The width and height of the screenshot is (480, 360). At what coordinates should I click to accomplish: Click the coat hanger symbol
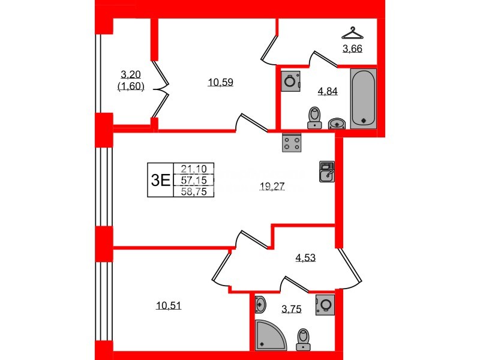(353, 32)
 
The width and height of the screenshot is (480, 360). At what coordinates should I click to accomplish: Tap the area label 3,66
(353, 49)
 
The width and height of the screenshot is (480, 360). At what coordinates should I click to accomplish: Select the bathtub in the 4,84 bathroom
(363, 98)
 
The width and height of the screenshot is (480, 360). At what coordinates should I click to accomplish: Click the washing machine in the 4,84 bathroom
(290, 80)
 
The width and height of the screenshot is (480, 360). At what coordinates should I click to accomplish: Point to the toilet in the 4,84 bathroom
(314, 118)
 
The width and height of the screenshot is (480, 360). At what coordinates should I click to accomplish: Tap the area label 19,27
(271, 187)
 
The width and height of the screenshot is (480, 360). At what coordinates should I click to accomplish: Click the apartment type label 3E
(160, 180)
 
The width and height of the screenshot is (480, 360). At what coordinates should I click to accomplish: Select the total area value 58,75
(193, 191)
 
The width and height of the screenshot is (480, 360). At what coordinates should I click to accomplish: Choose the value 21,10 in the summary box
(193, 169)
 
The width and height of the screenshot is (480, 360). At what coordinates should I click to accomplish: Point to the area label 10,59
(220, 83)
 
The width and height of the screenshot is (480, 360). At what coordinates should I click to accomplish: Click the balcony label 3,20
(131, 75)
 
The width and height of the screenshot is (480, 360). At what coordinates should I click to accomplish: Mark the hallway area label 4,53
(305, 259)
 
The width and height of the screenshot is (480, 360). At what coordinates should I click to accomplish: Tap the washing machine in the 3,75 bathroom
(325, 304)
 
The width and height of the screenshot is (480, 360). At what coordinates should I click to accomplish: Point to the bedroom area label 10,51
(169, 305)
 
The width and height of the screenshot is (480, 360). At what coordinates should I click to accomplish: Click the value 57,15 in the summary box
(193, 180)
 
